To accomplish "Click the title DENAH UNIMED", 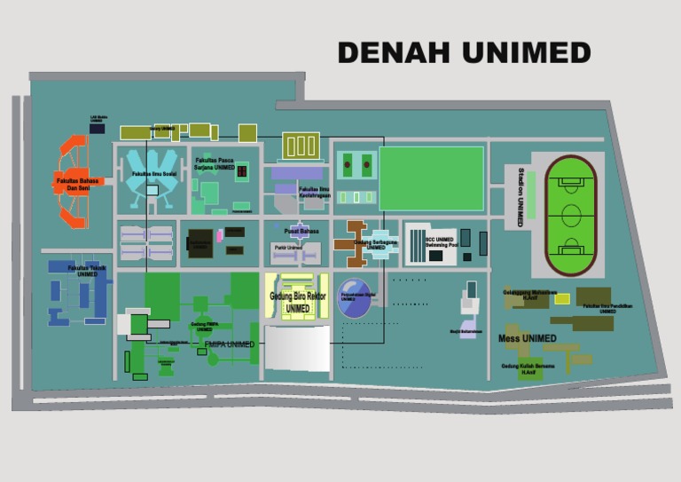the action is pos(464,53).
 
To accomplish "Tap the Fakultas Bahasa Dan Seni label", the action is pos(75,184).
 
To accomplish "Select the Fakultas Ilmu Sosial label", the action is pos(153,174).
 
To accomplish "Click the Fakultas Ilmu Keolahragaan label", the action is pos(315,192).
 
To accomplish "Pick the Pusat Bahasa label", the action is pos(301,231).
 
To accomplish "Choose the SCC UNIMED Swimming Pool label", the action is pos(439,241).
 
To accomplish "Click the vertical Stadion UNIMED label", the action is pos(521,197).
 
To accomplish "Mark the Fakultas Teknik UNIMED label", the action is pos(87,271).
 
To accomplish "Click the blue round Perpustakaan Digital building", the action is pos(356,299).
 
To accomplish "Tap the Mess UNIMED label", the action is pos(527,338).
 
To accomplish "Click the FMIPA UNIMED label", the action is pos(229,344).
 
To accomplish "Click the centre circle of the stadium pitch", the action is pos(570,215).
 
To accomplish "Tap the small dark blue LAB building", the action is pos(97,129).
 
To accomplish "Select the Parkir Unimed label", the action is pos(283,247).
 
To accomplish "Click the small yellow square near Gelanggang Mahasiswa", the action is pos(561,298).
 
